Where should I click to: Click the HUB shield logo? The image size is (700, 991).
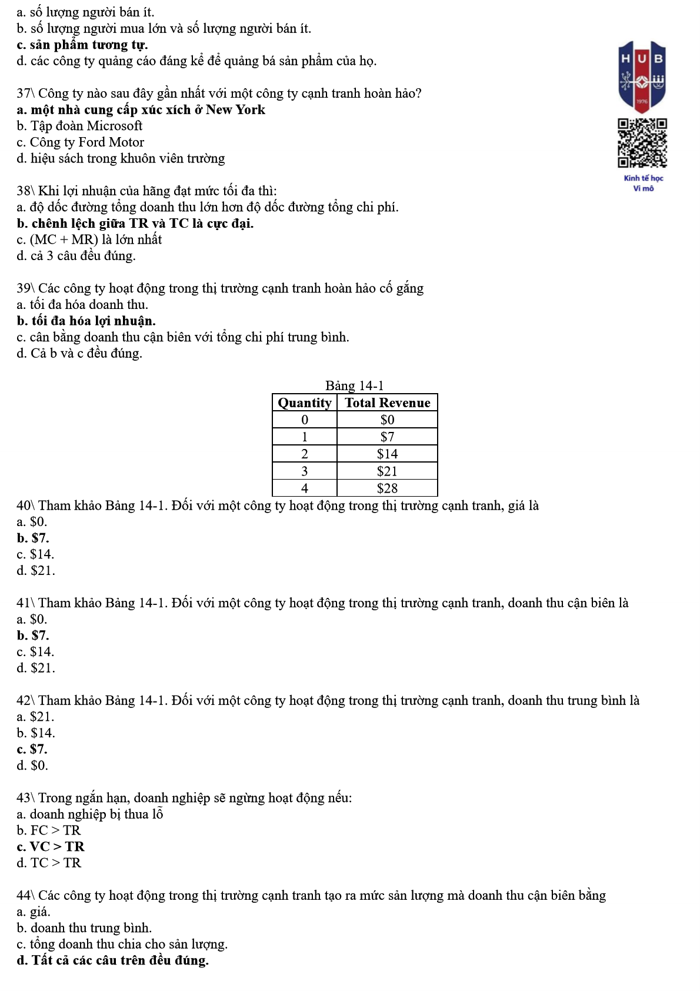coord(642,75)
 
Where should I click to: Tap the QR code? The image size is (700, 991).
coord(642,144)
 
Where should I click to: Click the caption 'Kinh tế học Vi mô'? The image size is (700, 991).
coord(643,183)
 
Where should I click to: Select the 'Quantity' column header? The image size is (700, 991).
coord(304,403)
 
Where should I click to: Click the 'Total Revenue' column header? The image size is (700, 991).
coord(387,403)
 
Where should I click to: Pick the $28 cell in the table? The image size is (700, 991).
coord(387,488)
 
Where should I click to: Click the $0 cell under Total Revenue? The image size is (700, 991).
coord(387,420)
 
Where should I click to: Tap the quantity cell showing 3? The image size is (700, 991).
coord(304,471)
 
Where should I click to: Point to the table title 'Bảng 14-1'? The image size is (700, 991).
coord(354,385)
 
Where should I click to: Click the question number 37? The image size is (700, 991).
coord(24,94)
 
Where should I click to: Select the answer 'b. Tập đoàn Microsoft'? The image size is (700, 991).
coord(79,126)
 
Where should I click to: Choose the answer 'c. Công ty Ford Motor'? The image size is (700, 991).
coord(81,142)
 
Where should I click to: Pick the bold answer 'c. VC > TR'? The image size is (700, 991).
coord(51,847)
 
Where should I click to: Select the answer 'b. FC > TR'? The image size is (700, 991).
coord(49,830)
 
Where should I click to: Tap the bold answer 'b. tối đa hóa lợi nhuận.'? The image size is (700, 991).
coord(86,321)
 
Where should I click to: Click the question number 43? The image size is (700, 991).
coord(24,798)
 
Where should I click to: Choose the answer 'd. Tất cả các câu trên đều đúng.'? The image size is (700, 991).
coord(113,960)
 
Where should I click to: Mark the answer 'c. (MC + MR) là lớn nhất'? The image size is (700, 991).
coord(89,240)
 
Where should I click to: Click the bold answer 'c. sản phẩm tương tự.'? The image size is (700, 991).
coord(82,45)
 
